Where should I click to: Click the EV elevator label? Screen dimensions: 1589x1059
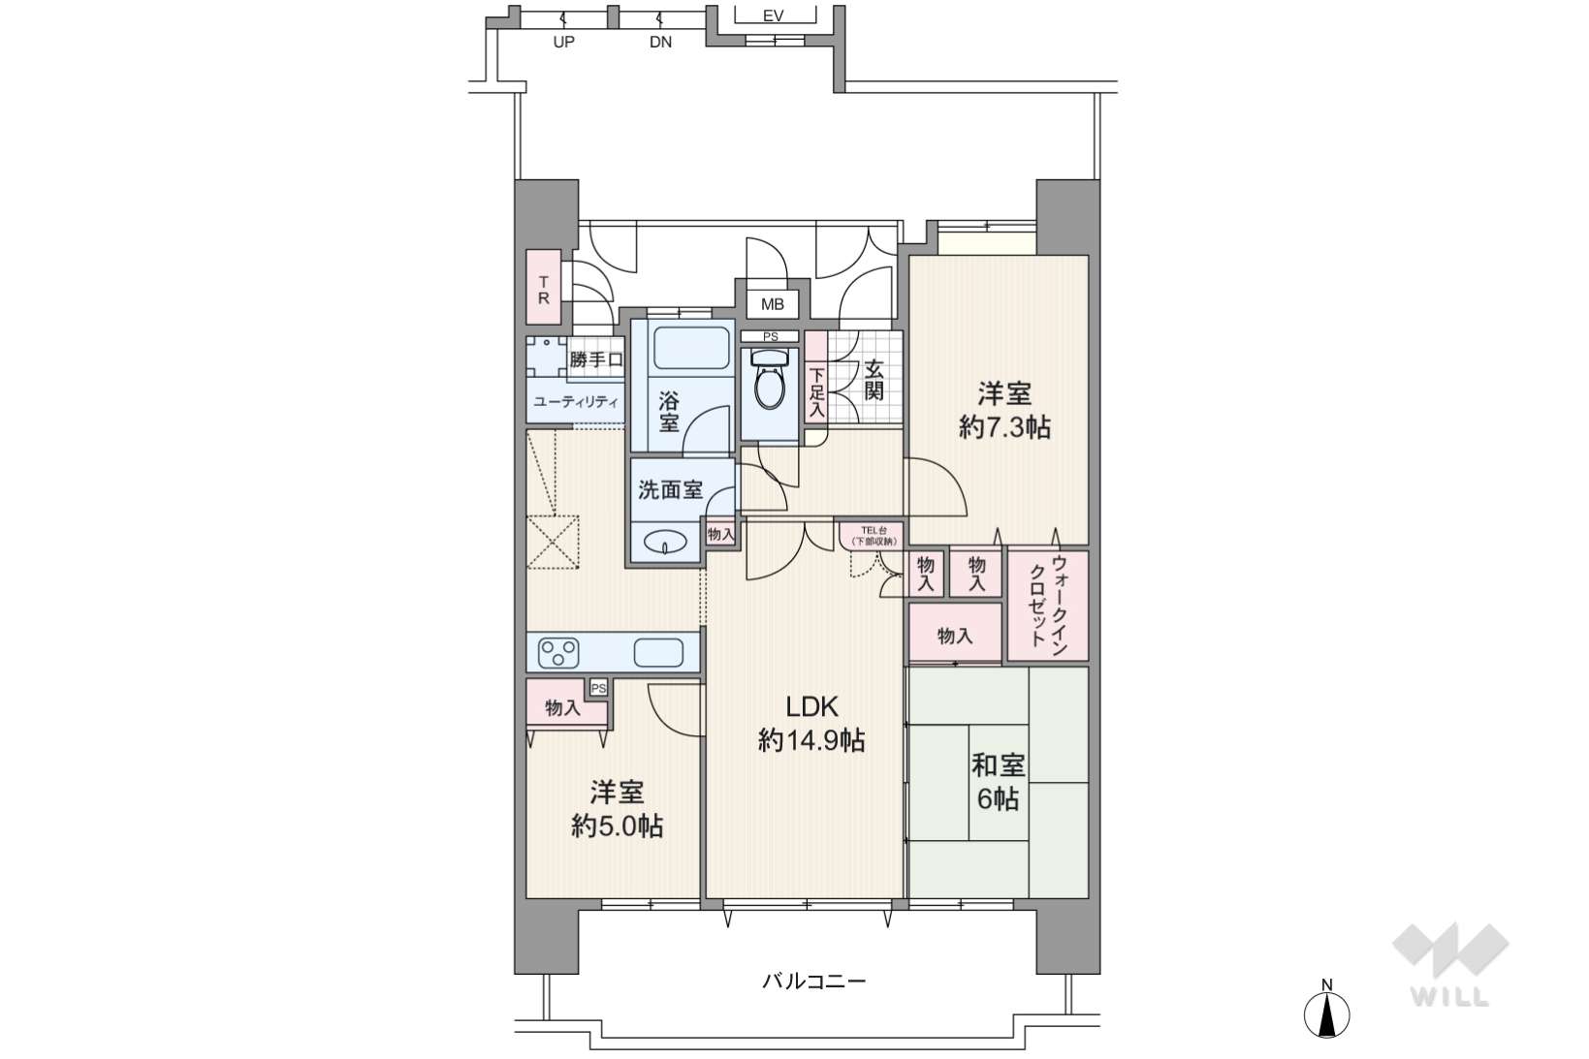click(x=773, y=16)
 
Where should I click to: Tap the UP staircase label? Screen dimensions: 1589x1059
click(x=563, y=42)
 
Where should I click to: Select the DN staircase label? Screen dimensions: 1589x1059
click(x=660, y=42)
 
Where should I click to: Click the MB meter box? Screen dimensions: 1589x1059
click(x=773, y=304)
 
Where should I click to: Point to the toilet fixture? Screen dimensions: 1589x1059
click(x=770, y=379)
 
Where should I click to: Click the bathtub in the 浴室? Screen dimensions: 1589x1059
click(x=691, y=347)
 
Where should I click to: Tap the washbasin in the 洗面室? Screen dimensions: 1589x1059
click(x=665, y=544)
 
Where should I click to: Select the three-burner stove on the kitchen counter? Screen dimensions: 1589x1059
click(x=558, y=653)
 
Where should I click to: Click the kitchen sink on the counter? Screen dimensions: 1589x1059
click(x=658, y=653)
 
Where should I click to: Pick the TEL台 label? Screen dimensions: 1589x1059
click(x=874, y=529)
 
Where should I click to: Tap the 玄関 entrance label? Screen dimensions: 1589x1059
click(x=874, y=380)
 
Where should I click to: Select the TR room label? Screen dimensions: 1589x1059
click(x=543, y=290)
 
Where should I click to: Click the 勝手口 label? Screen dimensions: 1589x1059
click(x=596, y=360)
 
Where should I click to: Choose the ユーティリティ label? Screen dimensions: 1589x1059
click(x=575, y=402)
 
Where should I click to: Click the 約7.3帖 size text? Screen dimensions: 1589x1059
click(x=1004, y=426)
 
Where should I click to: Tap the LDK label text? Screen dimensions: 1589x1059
click(x=811, y=706)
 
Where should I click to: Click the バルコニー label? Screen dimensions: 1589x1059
click(x=813, y=981)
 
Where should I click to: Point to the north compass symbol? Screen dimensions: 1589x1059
click(x=1326, y=1012)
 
